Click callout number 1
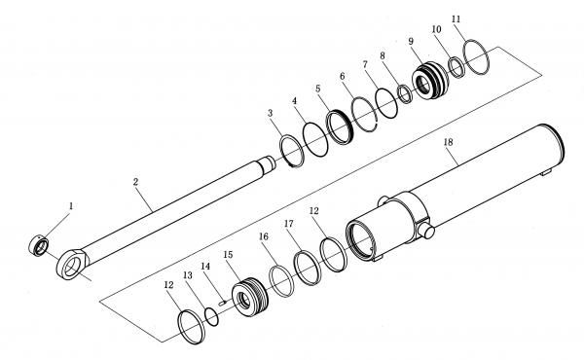pyautogui.click(x=71, y=206)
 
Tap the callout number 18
pyautogui.click(x=449, y=142)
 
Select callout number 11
pyautogui.click(x=456, y=19)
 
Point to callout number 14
pyautogui.click(x=205, y=267)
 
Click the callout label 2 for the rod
pyautogui.click(x=135, y=182)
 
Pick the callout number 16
pyautogui.click(x=264, y=236)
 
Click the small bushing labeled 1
pyautogui.click(x=39, y=246)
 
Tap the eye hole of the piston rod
pyautogui.click(x=73, y=267)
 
